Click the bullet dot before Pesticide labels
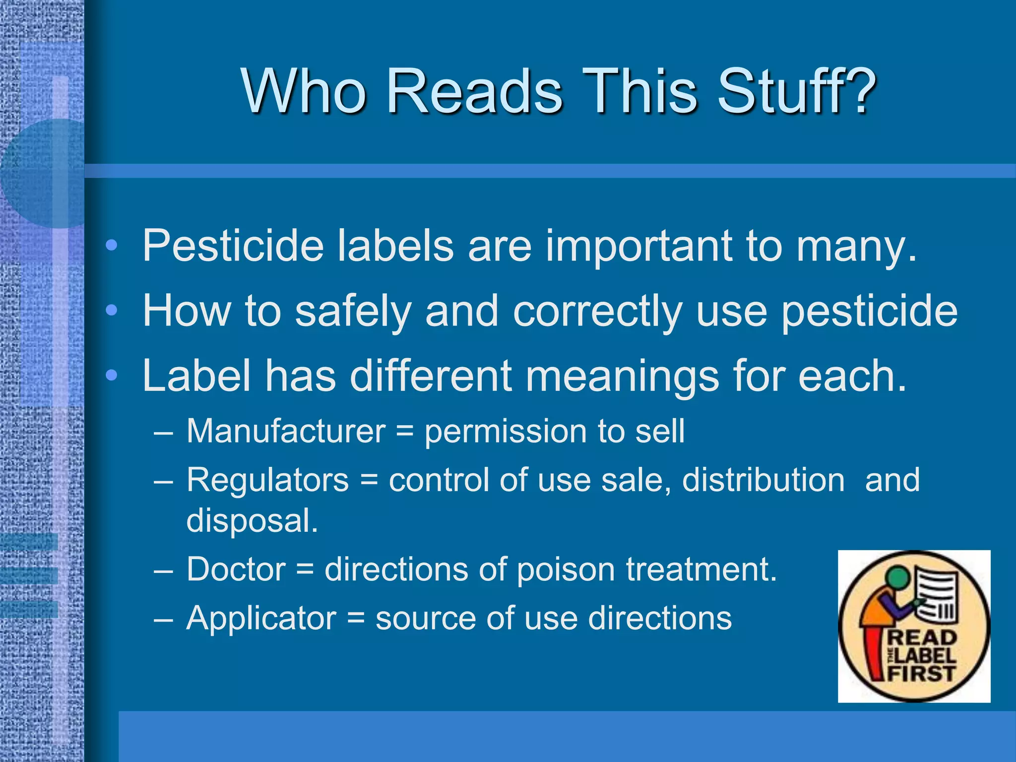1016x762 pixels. click(112, 245)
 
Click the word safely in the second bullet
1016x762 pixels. click(353, 312)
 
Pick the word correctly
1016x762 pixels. click(597, 312)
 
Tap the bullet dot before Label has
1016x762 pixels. click(112, 376)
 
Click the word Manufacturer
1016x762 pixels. click(286, 431)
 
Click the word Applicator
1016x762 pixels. click(261, 618)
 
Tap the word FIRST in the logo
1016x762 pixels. click(922, 674)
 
